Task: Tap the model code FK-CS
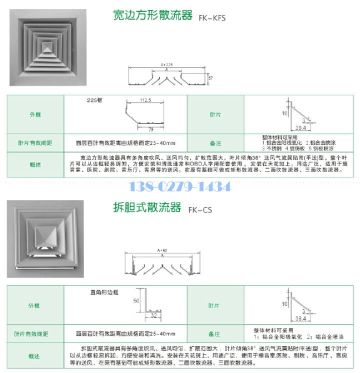coord(200,210)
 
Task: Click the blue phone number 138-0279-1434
coord(180,187)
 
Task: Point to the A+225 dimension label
coord(166,64)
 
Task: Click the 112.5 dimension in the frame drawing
coord(146,100)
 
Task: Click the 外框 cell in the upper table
coord(35,114)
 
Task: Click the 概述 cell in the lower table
coord(35,355)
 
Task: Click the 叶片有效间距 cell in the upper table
coord(35,143)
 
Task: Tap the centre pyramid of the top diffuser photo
coord(46,48)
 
